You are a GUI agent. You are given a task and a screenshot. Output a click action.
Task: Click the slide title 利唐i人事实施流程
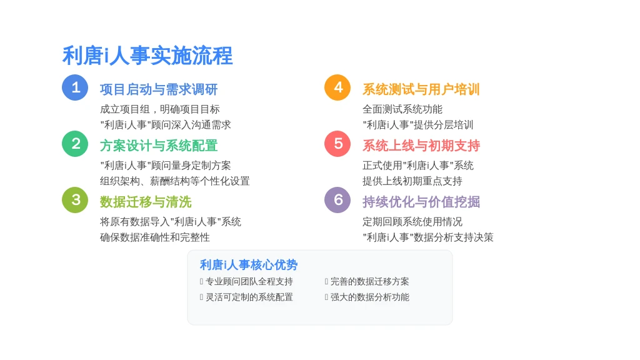click(147, 56)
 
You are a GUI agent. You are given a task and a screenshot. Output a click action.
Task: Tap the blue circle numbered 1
click(75, 87)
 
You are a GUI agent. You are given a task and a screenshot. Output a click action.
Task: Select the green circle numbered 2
click(75, 144)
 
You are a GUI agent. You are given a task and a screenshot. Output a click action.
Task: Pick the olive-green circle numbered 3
click(75, 200)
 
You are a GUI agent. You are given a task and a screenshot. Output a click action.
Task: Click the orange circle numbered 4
click(337, 87)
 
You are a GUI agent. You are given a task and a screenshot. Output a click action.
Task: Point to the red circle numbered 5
click(337, 144)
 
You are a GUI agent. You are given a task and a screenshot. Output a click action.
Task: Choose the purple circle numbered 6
click(337, 200)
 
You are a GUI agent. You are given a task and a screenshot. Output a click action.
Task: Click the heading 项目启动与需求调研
click(159, 89)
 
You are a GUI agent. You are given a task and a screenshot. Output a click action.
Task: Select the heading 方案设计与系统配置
click(159, 146)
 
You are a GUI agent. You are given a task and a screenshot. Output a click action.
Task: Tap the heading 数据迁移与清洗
click(146, 202)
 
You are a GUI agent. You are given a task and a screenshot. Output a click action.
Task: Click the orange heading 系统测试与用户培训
click(421, 89)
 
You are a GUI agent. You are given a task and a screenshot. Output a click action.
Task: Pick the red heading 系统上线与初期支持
click(421, 146)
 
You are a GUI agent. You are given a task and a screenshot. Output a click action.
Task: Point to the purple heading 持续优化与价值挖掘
click(421, 202)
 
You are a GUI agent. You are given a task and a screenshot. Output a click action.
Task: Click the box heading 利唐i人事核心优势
click(249, 265)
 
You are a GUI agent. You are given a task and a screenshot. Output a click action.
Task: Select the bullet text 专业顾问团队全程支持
click(249, 282)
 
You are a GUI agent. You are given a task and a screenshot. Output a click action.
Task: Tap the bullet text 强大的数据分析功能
click(370, 297)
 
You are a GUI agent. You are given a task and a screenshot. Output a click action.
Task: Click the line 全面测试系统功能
click(402, 109)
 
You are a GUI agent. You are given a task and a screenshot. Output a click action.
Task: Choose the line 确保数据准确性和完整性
click(155, 237)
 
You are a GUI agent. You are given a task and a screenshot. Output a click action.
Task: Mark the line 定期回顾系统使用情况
click(412, 222)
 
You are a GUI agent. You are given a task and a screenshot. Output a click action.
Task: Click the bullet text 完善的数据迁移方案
click(370, 282)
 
